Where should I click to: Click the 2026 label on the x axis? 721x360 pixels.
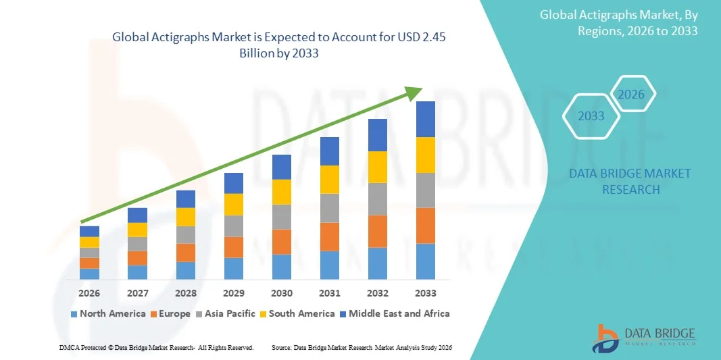[x=89, y=293]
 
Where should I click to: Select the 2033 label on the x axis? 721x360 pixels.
[x=426, y=293]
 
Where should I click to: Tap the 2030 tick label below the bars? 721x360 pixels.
[x=282, y=293]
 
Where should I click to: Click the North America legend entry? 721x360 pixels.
[x=108, y=313]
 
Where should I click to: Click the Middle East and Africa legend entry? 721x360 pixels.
[x=396, y=313]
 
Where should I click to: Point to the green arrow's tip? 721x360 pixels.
[x=420, y=89]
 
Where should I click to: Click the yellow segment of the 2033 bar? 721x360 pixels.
[x=426, y=155]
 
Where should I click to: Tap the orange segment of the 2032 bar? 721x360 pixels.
[x=378, y=231]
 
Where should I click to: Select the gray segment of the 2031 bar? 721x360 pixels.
[x=330, y=208]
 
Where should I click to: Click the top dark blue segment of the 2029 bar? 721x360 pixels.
[x=234, y=183]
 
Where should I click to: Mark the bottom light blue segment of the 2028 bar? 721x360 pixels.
[x=186, y=270]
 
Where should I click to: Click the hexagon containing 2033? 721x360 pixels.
[x=591, y=116]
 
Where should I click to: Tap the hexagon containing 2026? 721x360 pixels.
[x=631, y=95]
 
